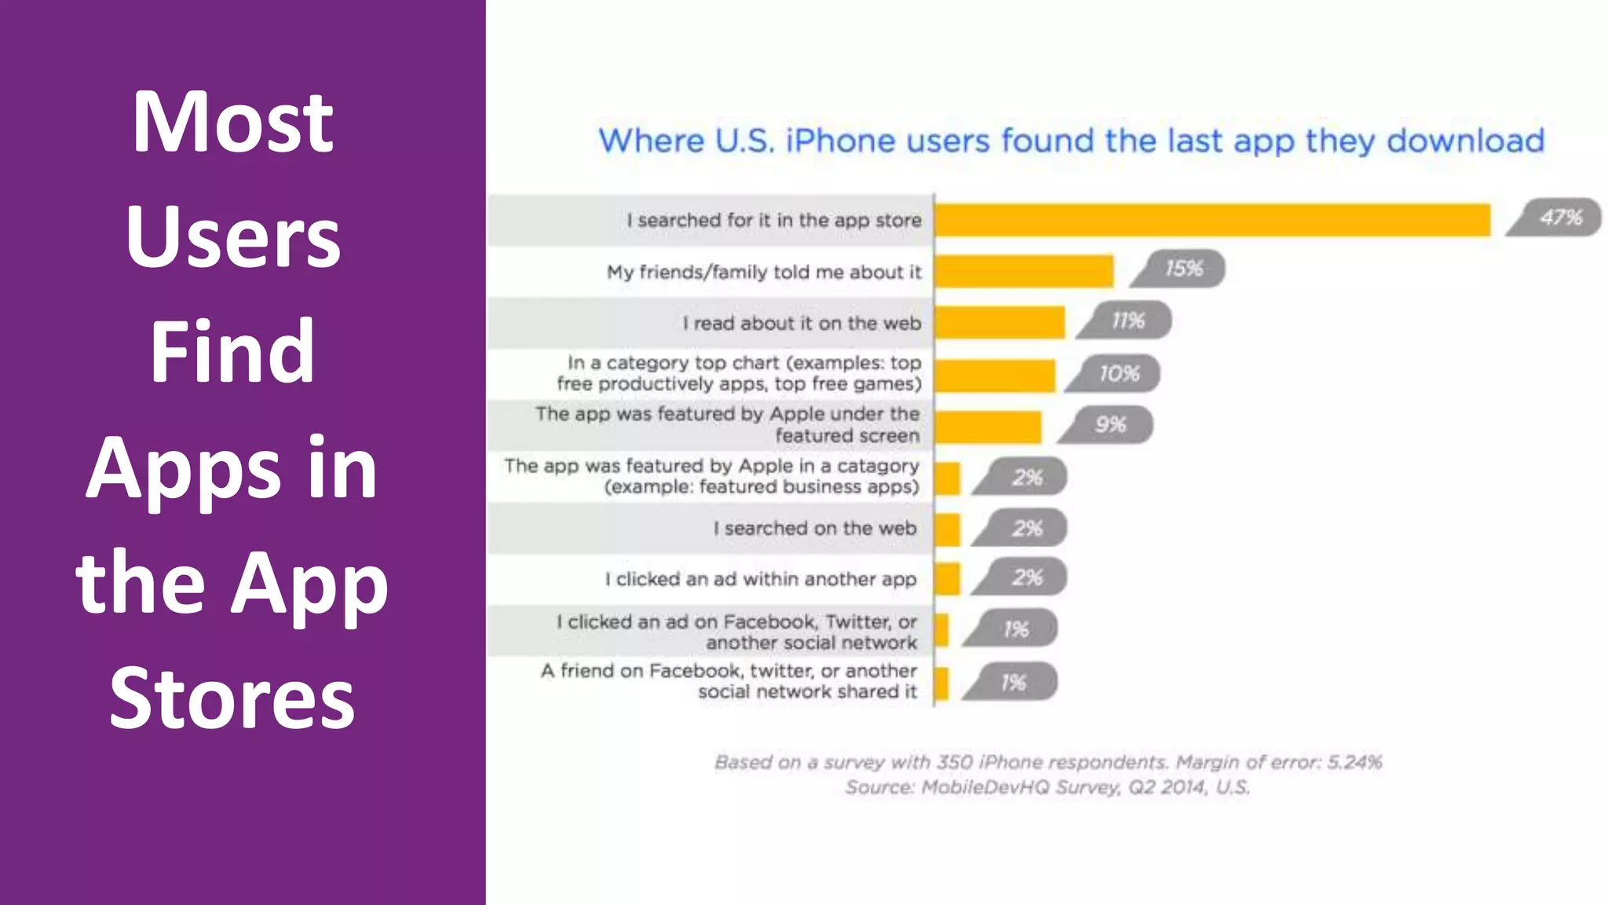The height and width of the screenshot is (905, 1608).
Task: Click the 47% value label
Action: (x=1559, y=218)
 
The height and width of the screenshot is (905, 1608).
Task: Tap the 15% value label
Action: (x=1182, y=269)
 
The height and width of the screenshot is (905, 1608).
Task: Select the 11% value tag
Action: (x=1127, y=321)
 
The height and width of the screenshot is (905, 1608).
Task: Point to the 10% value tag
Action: (x=1118, y=374)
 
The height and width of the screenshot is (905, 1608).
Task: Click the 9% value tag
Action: (x=1110, y=425)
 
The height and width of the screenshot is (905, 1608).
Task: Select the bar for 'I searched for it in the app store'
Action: (x=1212, y=220)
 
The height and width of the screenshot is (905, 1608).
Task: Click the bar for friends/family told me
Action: (x=1024, y=271)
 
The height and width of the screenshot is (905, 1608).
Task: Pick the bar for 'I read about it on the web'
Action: (x=1000, y=323)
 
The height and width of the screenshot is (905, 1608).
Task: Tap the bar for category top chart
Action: (x=995, y=376)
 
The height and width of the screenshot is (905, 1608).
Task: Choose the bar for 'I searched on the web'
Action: (x=948, y=529)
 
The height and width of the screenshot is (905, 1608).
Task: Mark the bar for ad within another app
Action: (x=948, y=579)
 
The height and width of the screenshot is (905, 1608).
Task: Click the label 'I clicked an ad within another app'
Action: (x=760, y=580)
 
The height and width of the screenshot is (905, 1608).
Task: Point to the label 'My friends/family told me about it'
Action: (x=763, y=273)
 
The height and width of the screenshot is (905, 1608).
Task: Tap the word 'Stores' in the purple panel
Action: (x=232, y=698)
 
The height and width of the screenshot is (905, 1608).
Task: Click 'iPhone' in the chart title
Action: (x=840, y=141)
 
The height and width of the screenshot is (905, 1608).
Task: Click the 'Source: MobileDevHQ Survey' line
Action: (x=1047, y=787)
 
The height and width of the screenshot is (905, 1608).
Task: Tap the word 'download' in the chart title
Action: (x=1465, y=141)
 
